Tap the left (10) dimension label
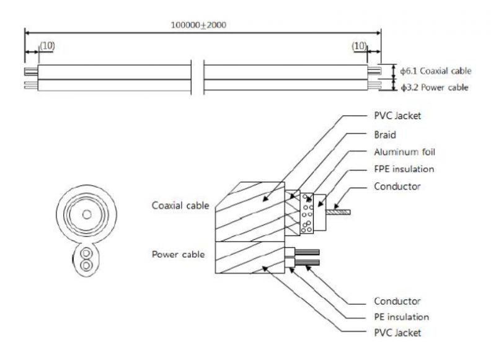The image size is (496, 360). click(x=46, y=47)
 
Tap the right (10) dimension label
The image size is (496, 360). click(x=360, y=47)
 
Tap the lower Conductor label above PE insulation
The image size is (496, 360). click(x=398, y=301)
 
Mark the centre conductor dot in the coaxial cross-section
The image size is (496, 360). click(x=86, y=214)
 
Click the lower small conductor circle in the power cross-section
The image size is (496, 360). click(x=86, y=265)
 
